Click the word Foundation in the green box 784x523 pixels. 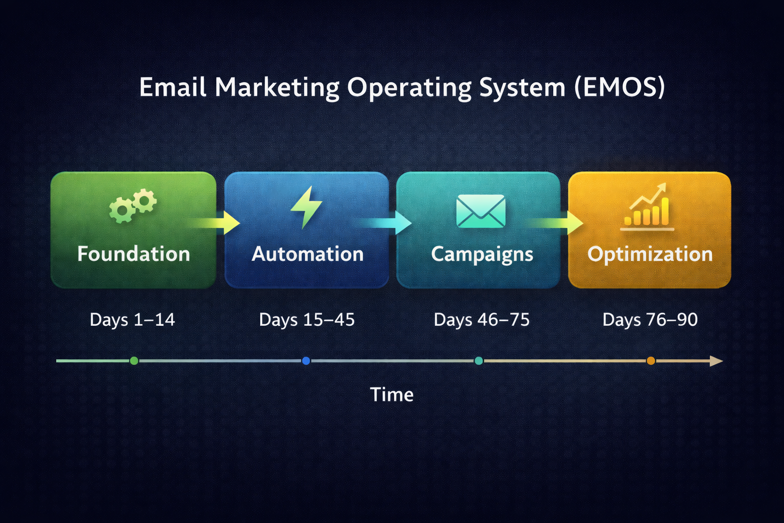point(133,254)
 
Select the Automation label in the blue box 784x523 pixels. point(307,254)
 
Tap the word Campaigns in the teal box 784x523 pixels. point(482,254)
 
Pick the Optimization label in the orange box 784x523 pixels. point(650,254)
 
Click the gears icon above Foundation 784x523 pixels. point(133,205)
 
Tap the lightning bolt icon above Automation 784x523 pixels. point(306,207)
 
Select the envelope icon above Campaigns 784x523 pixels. point(481,211)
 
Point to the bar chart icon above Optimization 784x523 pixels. point(647,207)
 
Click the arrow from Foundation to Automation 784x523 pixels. point(217,223)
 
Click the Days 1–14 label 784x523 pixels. point(132,320)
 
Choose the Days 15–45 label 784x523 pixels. point(307,320)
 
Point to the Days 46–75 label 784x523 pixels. point(481,320)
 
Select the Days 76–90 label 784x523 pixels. point(650,320)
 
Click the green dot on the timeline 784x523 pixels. point(134,361)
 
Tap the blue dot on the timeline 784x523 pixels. point(306,361)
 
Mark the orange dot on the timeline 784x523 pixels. point(650,361)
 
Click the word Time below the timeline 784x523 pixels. point(391,394)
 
